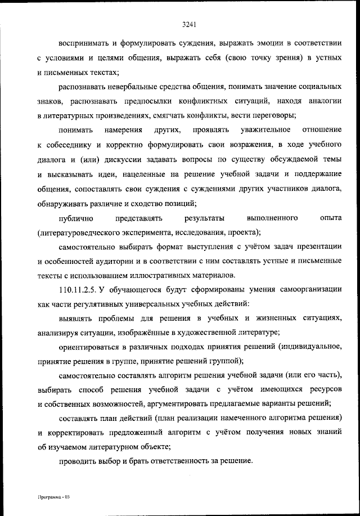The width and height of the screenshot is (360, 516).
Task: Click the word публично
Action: click(x=75, y=217)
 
